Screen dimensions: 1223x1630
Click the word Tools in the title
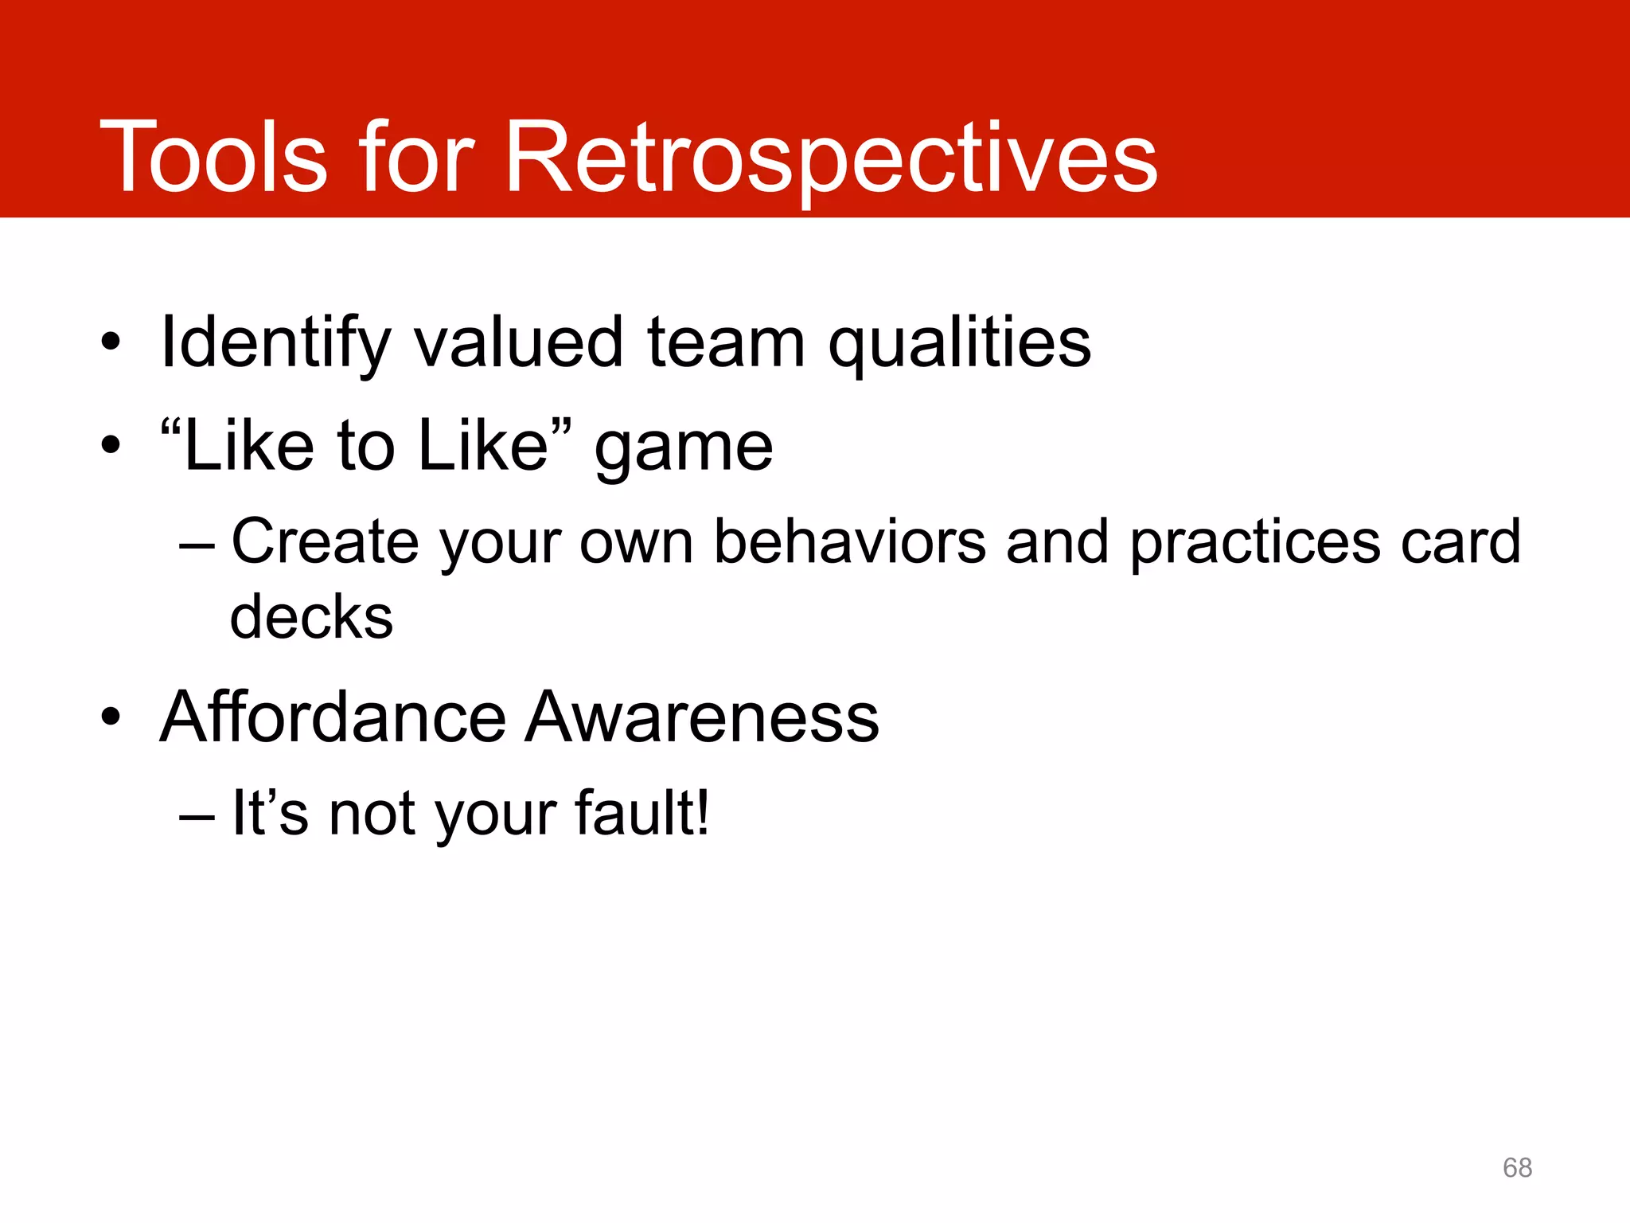(x=213, y=157)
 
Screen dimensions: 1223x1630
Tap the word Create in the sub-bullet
(x=325, y=541)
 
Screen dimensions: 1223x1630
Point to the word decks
(x=311, y=617)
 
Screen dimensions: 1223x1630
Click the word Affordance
(x=333, y=717)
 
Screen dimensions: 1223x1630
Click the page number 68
(x=1517, y=1167)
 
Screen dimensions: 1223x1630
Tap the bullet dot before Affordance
(x=111, y=717)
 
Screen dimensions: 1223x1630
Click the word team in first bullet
(x=726, y=342)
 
